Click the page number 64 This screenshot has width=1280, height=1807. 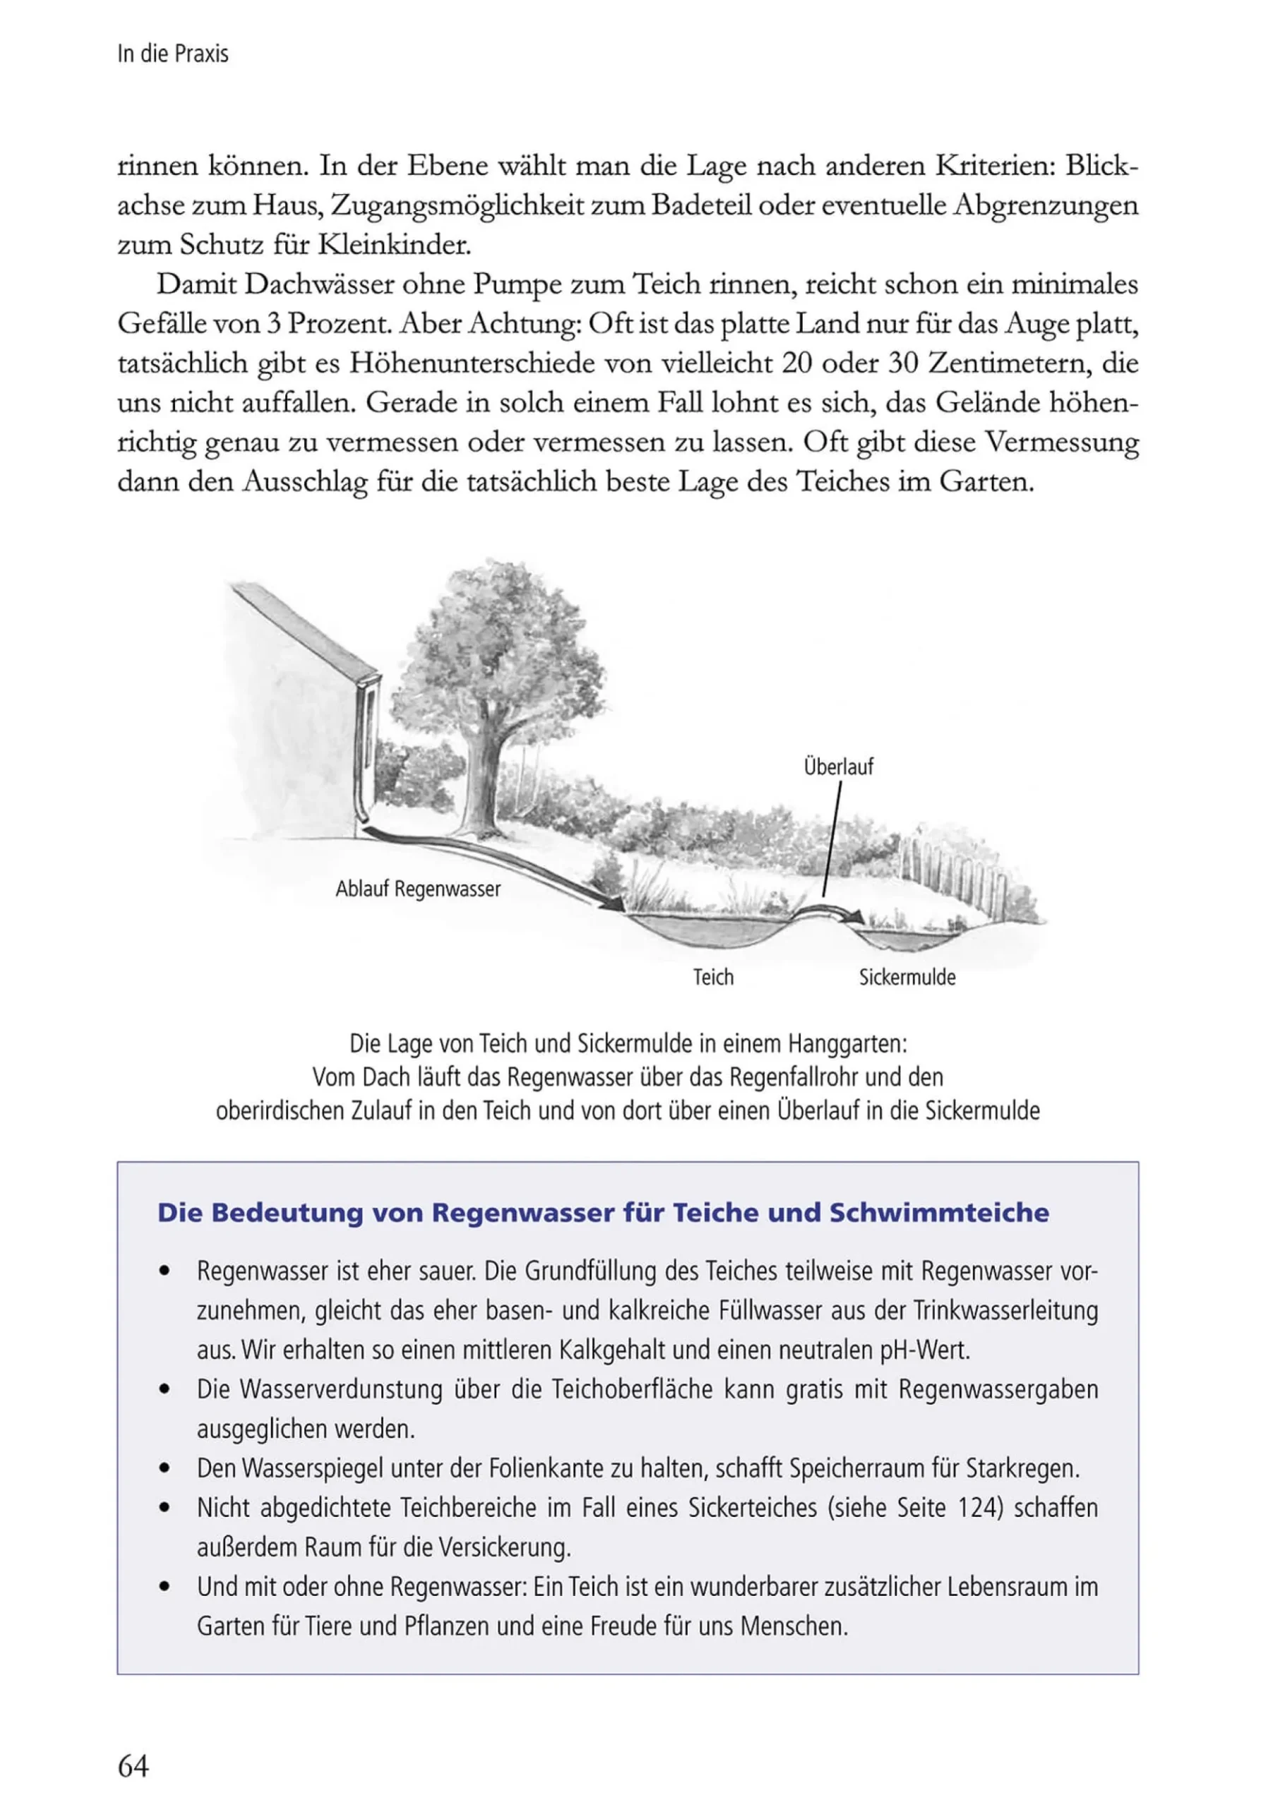[133, 1766]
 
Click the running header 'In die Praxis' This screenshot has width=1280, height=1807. [172, 54]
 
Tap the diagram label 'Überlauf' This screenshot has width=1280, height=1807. [838, 767]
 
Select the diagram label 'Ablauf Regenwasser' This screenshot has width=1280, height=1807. [418, 889]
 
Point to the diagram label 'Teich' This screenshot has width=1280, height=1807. [713, 977]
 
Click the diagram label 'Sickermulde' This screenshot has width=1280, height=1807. [907, 977]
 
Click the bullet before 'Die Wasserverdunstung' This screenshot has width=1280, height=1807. [164, 1389]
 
